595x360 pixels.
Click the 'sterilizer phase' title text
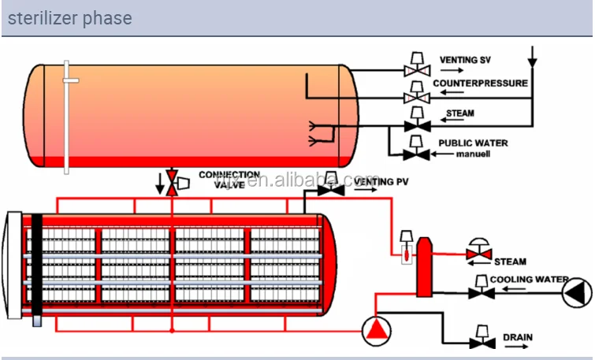pyautogui.click(x=69, y=18)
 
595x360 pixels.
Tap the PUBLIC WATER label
pyautogui.click(x=473, y=143)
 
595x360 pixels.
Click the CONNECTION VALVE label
pyautogui.click(x=229, y=179)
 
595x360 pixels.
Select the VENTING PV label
pyautogui.click(x=381, y=182)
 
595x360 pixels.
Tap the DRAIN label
pyautogui.click(x=517, y=338)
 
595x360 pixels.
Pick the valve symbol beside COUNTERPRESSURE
pyautogui.click(x=415, y=97)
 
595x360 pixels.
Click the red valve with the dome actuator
pyautogui.click(x=478, y=253)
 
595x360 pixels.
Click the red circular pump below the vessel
pyautogui.click(x=377, y=330)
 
